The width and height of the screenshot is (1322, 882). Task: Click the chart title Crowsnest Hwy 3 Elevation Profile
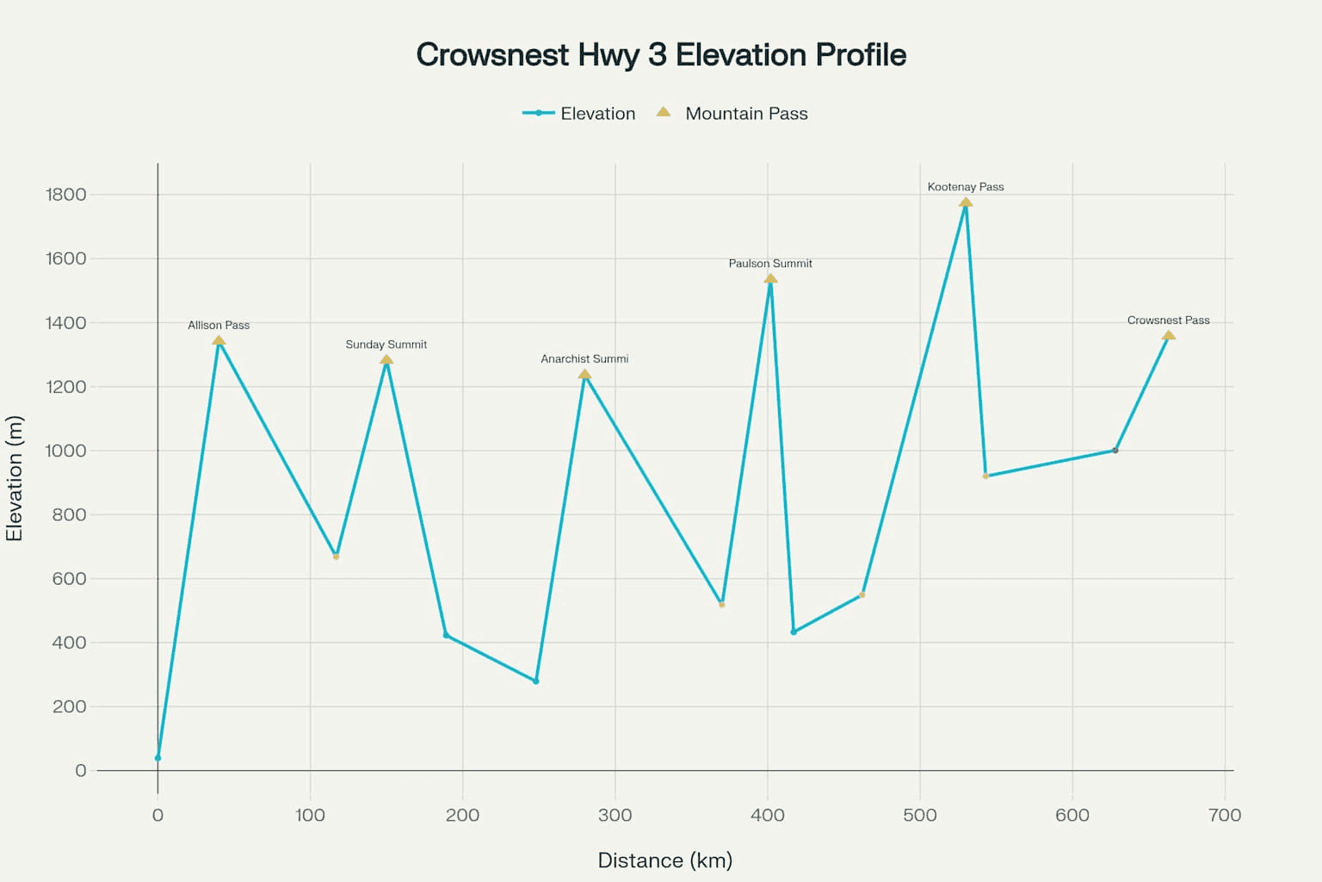[x=661, y=55]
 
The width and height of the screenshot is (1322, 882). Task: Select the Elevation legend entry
[x=578, y=114]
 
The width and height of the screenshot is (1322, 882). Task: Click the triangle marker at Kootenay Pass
[x=966, y=203]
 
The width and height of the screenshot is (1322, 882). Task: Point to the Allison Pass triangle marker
[x=219, y=341]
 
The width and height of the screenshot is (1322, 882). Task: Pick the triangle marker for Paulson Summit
[x=770, y=279]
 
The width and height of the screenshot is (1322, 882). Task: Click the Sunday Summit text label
[x=386, y=345]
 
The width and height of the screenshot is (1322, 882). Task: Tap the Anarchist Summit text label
[x=584, y=359]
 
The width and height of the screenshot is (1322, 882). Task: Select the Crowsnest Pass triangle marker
[x=1168, y=336]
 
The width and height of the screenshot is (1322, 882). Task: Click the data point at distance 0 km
[x=158, y=758]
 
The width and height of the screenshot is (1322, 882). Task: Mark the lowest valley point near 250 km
[x=536, y=681]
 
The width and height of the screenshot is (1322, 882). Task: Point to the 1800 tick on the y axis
[x=66, y=195]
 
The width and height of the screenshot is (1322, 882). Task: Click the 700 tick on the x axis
[x=1224, y=815]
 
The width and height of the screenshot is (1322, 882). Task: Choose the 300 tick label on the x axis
[x=615, y=815]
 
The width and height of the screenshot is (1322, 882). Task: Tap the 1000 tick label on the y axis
[x=66, y=450]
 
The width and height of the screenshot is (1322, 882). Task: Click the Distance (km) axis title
[x=664, y=860]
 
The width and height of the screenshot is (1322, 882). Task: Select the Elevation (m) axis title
[x=15, y=479]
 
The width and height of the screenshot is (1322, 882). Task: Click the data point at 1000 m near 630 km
[x=1115, y=450]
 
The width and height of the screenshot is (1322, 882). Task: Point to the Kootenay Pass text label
[x=966, y=187]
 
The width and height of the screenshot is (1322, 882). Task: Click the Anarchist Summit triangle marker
[x=584, y=375]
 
